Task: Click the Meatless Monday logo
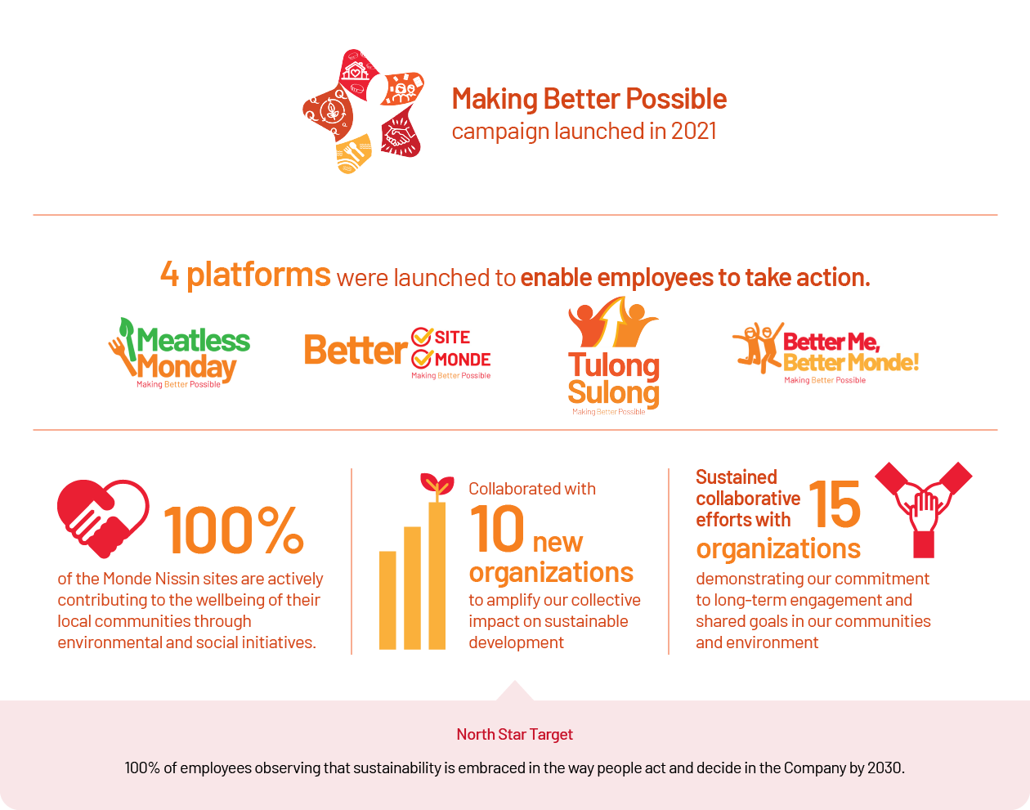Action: [x=179, y=353]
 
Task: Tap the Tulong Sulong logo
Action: [x=614, y=356]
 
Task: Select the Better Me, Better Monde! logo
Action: [x=825, y=353]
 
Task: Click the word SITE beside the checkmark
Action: [x=452, y=337]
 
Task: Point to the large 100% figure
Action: [x=234, y=530]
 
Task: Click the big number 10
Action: [x=497, y=529]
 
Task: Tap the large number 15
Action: [x=835, y=504]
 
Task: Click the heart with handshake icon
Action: [x=103, y=518]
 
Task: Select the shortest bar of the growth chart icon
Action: [x=387, y=600]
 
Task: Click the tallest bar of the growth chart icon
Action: [x=437, y=575]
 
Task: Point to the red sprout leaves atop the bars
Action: [x=437, y=484]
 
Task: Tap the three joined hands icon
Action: [x=923, y=510]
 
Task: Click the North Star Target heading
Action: [x=514, y=734]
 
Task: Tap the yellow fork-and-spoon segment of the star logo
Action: [x=354, y=154]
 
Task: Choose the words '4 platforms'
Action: [x=245, y=275]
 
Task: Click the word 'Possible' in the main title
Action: [x=676, y=99]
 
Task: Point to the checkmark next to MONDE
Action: [x=422, y=359]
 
